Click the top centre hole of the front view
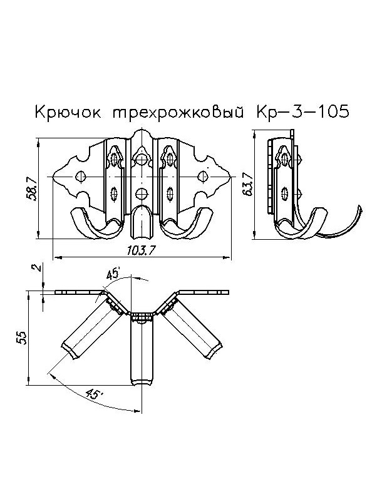[x=143, y=160]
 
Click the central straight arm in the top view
[x=143, y=351]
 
